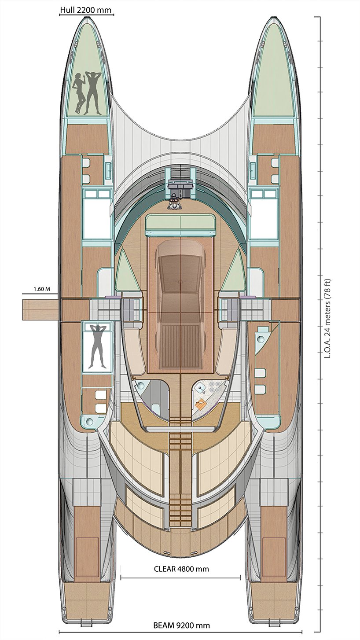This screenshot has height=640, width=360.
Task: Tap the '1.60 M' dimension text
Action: click(x=42, y=289)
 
